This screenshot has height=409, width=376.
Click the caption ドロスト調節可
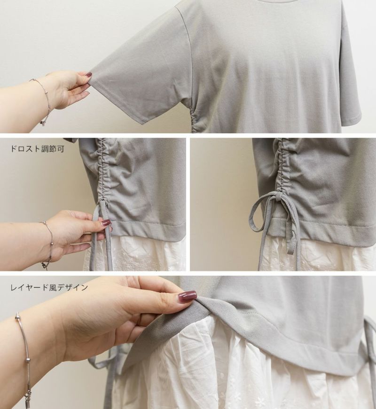click(x=37, y=149)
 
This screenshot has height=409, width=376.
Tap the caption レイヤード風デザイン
click(x=49, y=287)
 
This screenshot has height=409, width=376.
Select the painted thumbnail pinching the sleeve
click(x=88, y=75)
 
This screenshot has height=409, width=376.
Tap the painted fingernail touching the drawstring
click(x=105, y=223)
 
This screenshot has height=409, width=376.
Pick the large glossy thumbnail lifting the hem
click(x=187, y=296)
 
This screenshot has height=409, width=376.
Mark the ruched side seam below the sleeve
click(x=194, y=120)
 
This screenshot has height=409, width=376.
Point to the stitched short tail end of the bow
click(x=290, y=248)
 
